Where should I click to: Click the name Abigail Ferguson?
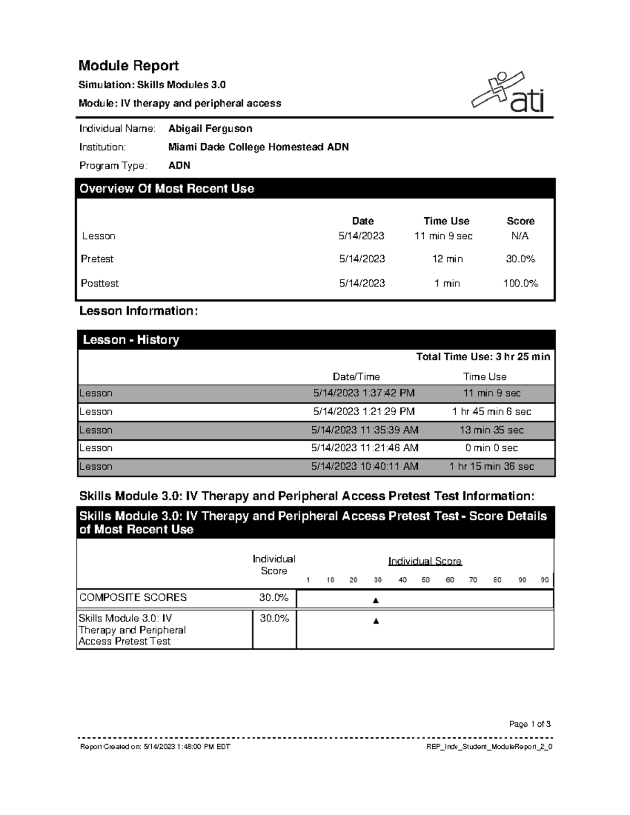pos(210,129)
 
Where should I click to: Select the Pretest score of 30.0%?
pos(520,259)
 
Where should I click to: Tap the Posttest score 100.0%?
pos(520,283)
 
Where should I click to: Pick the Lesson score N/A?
pos(520,236)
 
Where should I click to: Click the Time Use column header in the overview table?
pos(446,221)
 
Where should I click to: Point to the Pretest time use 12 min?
pos(447,259)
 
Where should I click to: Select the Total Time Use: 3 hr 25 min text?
pos(483,357)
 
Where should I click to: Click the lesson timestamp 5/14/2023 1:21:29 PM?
pos(364,411)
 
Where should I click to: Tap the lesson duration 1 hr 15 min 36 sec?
pos(491,467)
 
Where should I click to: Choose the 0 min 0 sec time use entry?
pos(491,448)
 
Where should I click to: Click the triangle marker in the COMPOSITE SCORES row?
pos(375,600)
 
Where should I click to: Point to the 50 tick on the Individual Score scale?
pos(425,580)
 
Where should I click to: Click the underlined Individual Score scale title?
pos(425,562)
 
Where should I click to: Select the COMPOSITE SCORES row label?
pos(133,597)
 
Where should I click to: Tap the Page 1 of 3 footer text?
pos(530,724)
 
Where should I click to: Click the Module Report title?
pos(129,66)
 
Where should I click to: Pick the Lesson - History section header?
pos(131,340)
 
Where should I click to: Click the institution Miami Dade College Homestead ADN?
pos(258,147)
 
